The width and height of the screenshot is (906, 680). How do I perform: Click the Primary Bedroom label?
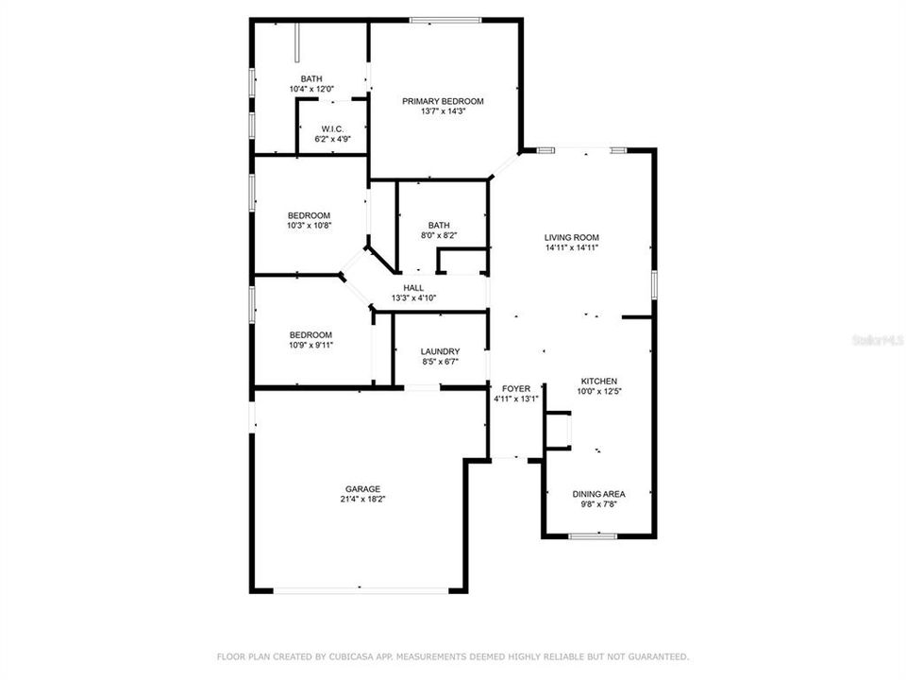(x=443, y=101)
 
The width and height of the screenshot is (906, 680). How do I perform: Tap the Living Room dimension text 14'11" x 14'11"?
(x=572, y=247)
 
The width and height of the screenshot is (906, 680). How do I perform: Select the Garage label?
(x=362, y=489)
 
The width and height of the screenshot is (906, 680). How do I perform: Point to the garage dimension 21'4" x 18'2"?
(x=362, y=500)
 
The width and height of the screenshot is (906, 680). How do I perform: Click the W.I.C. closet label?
(x=331, y=128)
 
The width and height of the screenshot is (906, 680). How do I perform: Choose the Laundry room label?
(x=440, y=351)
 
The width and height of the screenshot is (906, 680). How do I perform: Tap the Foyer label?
(x=516, y=388)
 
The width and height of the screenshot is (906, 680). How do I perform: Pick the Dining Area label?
(x=599, y=494)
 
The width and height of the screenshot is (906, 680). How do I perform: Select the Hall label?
(x=413, y=288)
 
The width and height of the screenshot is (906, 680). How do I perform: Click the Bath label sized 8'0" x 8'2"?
(x=438, y=225)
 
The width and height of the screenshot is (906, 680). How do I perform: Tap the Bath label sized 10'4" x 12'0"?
(x=311, y=78)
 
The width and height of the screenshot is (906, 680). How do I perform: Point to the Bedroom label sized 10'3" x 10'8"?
(x=310, y=215)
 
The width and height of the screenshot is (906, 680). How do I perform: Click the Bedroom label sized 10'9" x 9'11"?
(x=310, y=334)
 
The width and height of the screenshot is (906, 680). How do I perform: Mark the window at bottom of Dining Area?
(x=593, y=536)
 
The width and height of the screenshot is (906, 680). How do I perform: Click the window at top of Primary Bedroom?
(x=445, y=20)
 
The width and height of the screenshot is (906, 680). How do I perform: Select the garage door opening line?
(x=361, y=591)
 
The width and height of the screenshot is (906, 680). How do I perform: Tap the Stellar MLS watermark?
(x=877, y=337)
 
